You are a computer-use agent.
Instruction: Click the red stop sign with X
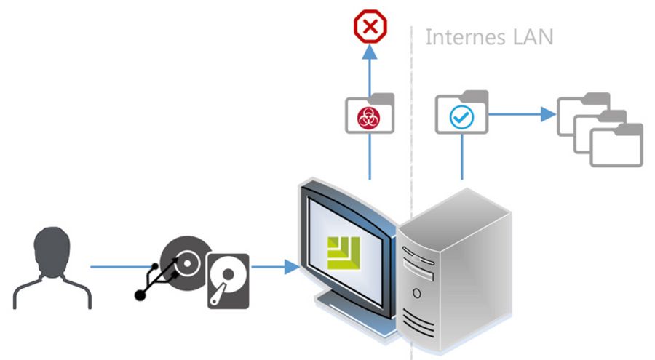coord(370,27)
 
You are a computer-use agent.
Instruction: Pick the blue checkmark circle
coord(461,117)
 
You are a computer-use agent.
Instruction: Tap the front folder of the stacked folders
coord(616,146)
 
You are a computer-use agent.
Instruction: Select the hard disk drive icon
coord(228,281)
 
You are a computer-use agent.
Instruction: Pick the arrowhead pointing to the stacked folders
coord(548,113)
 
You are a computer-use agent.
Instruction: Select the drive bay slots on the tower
coord(418,259)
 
